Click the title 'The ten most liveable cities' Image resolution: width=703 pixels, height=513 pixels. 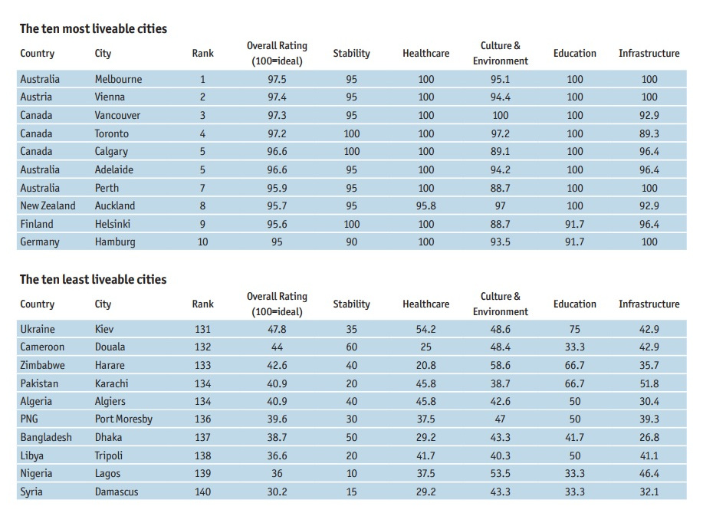[94, 28]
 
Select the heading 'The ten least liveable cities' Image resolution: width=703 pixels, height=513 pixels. [94, 279]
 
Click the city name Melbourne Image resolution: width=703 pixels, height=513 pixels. [118, 80]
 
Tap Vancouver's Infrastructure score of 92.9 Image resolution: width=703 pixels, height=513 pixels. [649, 115]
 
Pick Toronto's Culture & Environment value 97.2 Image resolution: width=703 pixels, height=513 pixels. [501, 133]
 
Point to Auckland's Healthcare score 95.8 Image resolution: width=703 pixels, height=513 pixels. [426, 206]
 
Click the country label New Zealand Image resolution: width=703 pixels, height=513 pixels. [48, 206]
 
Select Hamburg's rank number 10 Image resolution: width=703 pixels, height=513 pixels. [202, 242]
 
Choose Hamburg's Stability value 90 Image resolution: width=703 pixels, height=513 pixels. [351, 242]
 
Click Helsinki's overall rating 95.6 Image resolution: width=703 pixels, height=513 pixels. [277, 224]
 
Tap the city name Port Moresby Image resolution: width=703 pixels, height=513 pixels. [123, 419]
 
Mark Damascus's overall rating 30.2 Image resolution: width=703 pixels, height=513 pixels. [277, 492]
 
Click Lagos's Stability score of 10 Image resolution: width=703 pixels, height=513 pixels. [351, 474]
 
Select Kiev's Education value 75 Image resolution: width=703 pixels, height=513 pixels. [575, 330]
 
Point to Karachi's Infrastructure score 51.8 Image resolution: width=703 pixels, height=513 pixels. [649, 384]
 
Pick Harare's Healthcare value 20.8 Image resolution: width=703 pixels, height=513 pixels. [426, 366]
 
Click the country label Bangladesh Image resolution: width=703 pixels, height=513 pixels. [46, 437]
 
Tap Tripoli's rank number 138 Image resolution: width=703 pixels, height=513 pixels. [202, 455]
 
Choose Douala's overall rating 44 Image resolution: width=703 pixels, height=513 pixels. [277, 347]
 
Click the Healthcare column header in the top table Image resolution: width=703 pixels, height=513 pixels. [426, 54]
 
